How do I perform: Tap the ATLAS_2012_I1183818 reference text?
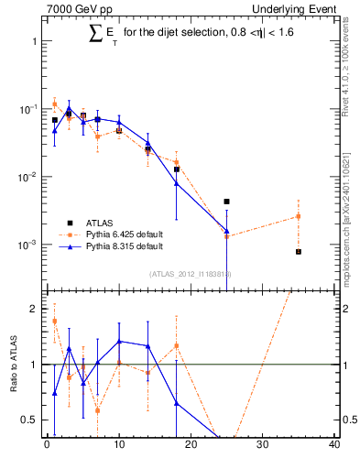[x=191, y=273]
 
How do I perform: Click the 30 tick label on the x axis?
[x=263, y=446]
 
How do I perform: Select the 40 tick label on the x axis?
[x=334, y=446]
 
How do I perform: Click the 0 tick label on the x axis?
[x=47, y=446]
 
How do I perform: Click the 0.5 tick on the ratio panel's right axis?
[x=346, y=420]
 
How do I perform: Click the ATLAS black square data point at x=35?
[x=299, y=251]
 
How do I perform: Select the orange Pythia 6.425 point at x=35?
[x=299, y=216]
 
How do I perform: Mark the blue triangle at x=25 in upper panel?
[x=226, y=231]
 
